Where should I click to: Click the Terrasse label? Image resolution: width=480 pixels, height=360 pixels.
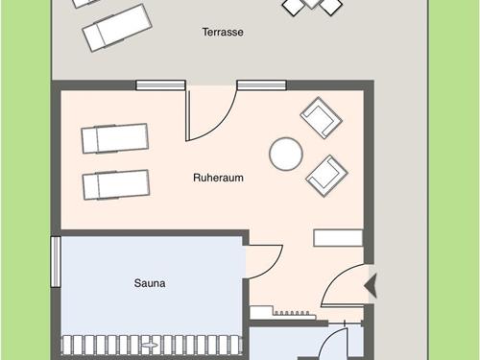pos(223,32)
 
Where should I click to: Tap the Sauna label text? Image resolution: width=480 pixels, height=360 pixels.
pos(149,283)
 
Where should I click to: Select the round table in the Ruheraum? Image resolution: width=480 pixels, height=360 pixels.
pos(285,153)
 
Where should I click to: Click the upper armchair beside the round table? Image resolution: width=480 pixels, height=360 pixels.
pos(321,117)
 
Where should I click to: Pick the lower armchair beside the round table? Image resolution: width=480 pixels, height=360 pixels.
pos(326,174)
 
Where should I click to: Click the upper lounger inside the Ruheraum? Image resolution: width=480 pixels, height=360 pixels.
pos(115,138)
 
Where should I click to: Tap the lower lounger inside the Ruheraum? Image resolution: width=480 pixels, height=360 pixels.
pos(116,184)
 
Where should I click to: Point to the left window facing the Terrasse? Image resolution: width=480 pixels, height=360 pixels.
pos(160,84)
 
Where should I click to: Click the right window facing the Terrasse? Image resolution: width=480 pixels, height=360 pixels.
pos(261,84)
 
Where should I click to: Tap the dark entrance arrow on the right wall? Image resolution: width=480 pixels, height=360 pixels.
pos(371,285)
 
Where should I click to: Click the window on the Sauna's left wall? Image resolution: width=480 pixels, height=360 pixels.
pos(56,262)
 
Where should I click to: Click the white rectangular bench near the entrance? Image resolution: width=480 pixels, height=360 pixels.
pos(338,237)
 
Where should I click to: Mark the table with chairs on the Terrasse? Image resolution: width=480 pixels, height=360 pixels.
pos(312,5)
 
